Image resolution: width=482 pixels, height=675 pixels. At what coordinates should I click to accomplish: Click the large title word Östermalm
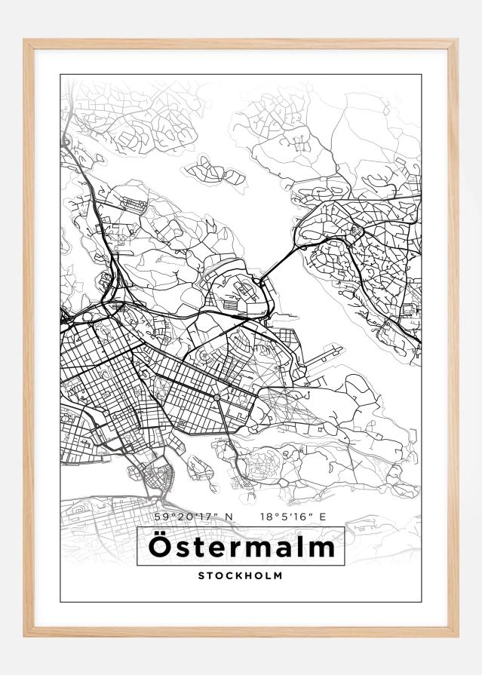point(241,547)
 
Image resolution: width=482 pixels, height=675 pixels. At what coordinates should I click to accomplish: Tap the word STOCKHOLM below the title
point(241,575)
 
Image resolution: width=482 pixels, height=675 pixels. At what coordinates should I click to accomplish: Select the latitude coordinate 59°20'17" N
point(194,517)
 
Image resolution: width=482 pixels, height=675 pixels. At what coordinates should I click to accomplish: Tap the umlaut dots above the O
point(160,534)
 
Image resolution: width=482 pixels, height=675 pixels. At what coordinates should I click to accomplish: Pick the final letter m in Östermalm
point(321,548)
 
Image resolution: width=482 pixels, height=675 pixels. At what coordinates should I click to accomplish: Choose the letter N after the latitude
point(230,517)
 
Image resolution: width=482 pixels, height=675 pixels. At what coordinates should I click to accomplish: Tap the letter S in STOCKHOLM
point(201,575)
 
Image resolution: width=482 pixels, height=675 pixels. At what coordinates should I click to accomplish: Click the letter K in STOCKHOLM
point(238,575)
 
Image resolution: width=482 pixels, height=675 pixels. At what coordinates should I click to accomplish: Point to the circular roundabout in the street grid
point(216,397)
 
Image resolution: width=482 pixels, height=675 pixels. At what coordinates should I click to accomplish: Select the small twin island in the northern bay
point(215,172)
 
